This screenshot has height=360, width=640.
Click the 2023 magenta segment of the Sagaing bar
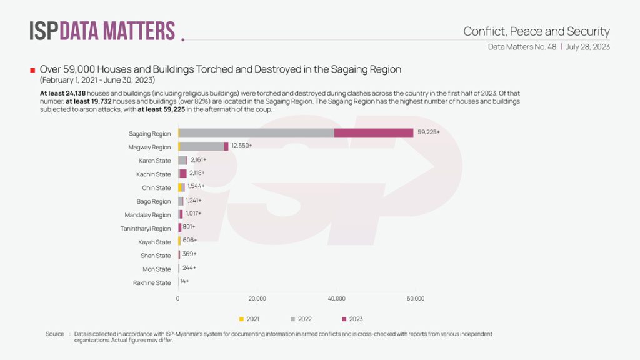click(x=374, y=132)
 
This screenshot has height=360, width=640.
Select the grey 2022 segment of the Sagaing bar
click(x=257, y=132)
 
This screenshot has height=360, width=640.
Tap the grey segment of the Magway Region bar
click(x=202, y=146)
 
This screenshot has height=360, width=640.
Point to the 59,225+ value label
click(x=429, y=132)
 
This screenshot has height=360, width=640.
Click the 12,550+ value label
click(x=242, y=146)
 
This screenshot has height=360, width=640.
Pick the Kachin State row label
click(x=154, y=174)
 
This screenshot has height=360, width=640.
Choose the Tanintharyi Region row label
click(x=146, y=229)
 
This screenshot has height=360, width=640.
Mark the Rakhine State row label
click(x=152, y=283)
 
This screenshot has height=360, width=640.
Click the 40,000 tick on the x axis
click(x=336, y=299)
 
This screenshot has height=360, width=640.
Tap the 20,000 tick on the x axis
click(x=257, y=299)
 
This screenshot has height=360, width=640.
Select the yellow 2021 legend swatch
click(x=241, y=319)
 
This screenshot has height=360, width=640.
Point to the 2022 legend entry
click(x=304, y=319)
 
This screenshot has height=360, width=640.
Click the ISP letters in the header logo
click(x=44, y=31)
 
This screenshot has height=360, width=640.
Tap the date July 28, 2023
click(x=587, y=47)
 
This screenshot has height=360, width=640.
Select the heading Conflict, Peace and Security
click(x=536, y=31)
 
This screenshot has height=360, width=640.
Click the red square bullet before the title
click(x=32, y=69)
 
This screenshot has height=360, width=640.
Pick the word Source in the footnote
click(x=55, y=334)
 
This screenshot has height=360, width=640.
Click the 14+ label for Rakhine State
click(x=184, y=282)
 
